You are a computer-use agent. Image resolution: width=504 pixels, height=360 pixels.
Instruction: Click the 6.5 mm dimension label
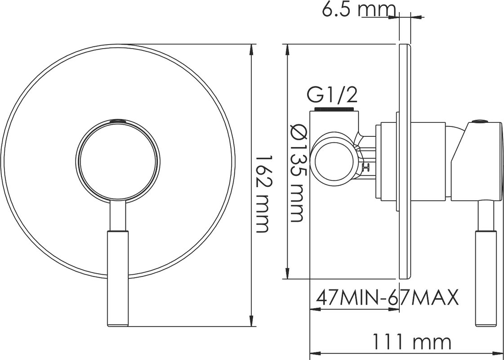358,9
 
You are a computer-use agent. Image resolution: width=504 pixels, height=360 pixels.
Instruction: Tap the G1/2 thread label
332,95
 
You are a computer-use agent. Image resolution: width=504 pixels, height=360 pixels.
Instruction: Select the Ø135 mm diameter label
298,173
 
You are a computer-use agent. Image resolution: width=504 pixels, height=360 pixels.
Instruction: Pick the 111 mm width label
412,342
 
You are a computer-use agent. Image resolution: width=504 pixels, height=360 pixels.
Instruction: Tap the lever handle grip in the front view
117,278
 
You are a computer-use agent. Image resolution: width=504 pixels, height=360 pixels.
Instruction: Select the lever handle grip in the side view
486,278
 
